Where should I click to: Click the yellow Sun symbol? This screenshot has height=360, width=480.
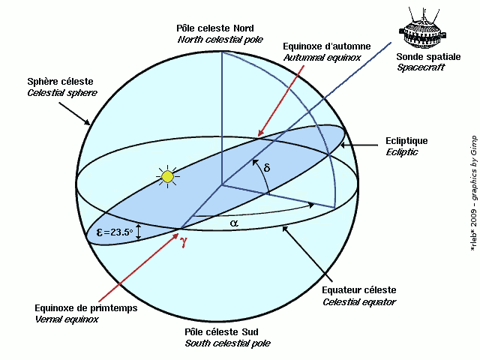coord(168,177)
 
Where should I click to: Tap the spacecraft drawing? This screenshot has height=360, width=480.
coord(424,28)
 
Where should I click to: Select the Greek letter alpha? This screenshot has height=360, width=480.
coord(233,223)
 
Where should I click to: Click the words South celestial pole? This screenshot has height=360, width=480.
coord(227,343)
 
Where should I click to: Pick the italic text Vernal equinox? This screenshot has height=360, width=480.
coord(67,319)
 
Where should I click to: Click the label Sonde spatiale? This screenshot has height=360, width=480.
coord(424,57)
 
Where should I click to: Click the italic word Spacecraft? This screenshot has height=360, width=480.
coord(421,67)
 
